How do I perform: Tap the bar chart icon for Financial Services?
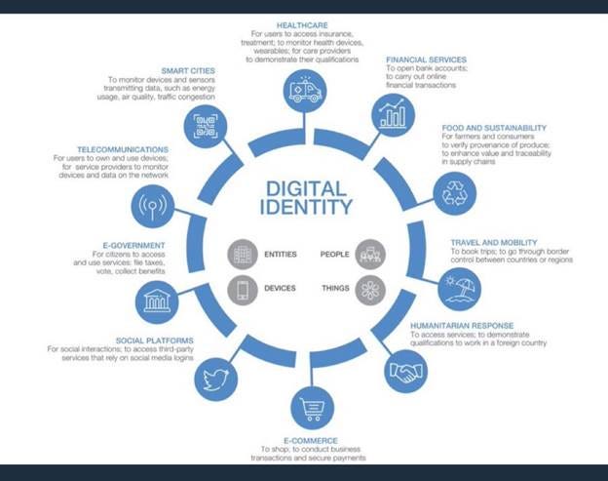point(394,116)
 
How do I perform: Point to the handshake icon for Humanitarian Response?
point(405,371)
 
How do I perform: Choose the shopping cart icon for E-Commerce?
point(312,409)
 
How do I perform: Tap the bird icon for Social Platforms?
point(216,378)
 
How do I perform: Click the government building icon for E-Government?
point(156,301)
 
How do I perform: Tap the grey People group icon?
point(370,255)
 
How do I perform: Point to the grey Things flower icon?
point(370,289)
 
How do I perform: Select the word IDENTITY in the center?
point(306,207)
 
